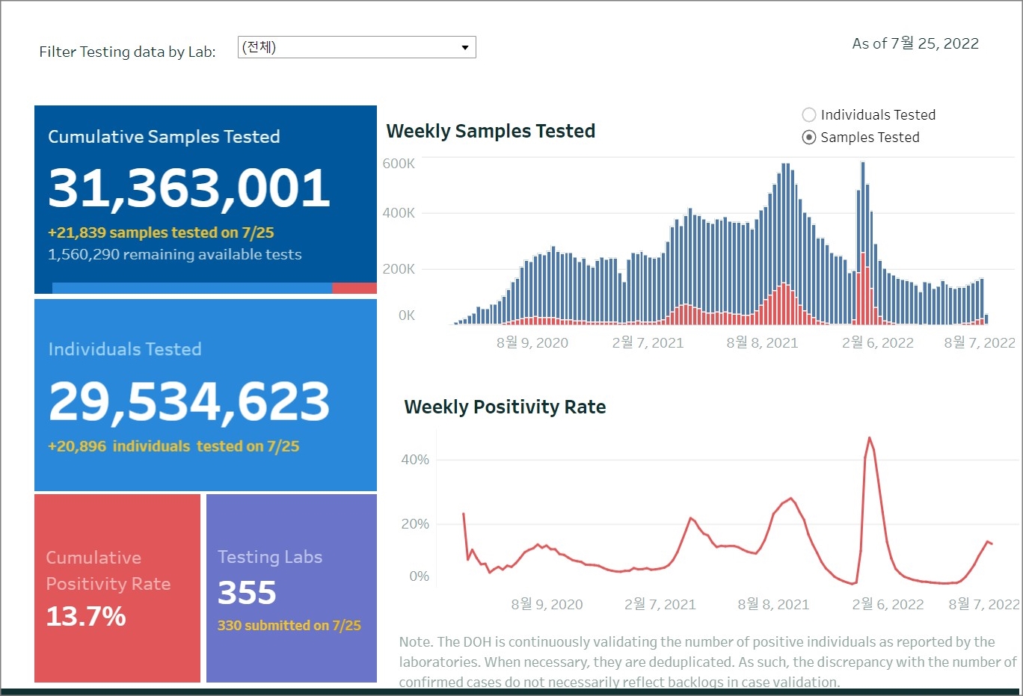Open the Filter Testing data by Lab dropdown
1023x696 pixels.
point(357,47)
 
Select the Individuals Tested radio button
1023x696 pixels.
point(809,115)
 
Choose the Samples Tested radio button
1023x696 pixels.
point(809,138)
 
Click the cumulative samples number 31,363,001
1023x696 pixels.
point(189,188)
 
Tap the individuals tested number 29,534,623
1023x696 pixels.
point(189,401)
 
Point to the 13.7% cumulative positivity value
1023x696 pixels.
point(86,617)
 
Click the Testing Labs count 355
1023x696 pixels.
point(247,593)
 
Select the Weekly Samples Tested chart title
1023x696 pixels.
point(491,132)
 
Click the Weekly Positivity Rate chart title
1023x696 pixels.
point(505,407)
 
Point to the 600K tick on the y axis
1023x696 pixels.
point(399,164)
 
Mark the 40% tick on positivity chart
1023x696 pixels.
point(415,460)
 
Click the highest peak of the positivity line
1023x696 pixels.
point(869,438)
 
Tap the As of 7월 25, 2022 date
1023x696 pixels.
point(915,43)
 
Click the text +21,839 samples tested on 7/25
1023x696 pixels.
point(161,232)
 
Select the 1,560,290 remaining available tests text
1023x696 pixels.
point(174,255)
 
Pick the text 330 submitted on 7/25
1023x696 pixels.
point(289,626)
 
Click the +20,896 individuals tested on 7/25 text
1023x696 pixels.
point(173,446)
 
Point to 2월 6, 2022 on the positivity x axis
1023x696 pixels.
point(888,604)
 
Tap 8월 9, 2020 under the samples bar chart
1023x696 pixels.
point(532,342)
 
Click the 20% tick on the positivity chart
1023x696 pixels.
point(415,524)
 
